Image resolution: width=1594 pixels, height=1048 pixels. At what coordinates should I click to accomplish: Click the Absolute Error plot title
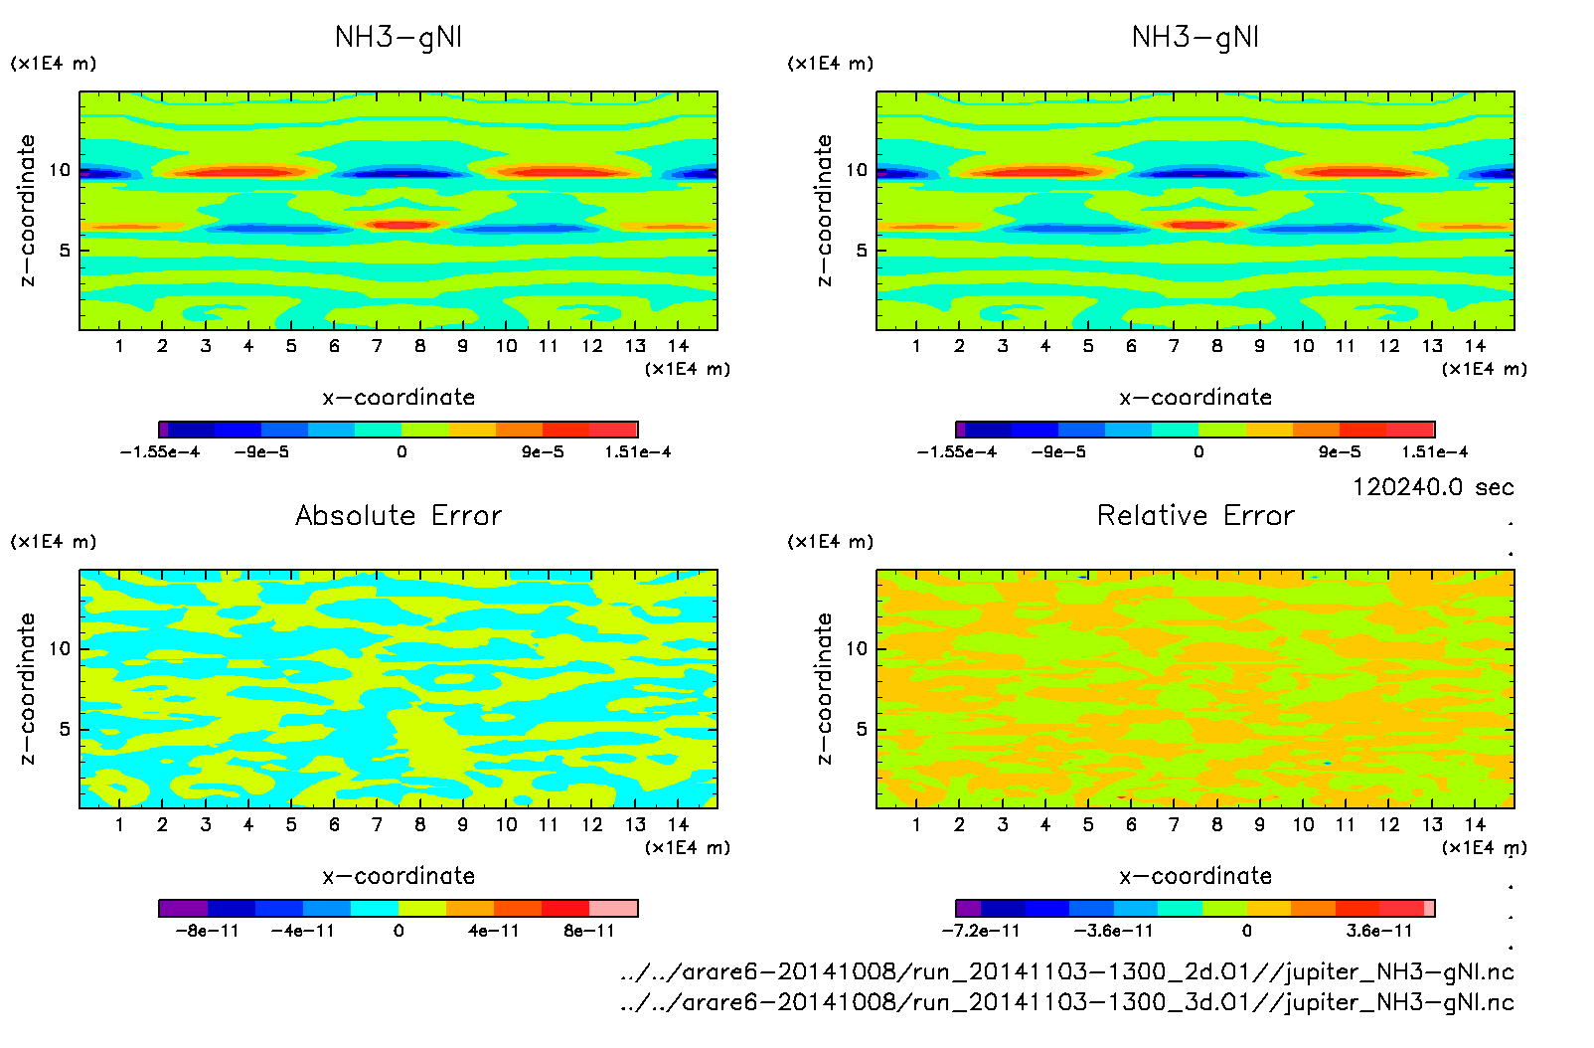click(398, 515)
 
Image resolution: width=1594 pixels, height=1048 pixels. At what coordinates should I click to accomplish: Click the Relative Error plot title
click(1195, 515)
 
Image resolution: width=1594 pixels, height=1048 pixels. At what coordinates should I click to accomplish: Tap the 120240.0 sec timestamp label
click(1433, 487)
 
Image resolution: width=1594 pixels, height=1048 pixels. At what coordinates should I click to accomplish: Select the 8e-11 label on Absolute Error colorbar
click(589, 931)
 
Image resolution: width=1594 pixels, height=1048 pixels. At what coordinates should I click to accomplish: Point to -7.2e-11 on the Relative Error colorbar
click(981, 931)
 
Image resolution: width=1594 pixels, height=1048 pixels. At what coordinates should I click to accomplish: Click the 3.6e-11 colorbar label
click(1379, 931)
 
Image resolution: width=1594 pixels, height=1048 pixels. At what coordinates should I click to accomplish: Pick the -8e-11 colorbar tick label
click(208, 931)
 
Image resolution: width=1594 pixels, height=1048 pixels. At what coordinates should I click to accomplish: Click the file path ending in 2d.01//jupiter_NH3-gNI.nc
click(1066, 971)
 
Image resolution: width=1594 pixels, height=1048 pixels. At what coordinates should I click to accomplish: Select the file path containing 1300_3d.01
click(1066, 1002)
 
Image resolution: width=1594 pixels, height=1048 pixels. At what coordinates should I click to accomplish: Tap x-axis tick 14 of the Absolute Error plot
click(678, 824)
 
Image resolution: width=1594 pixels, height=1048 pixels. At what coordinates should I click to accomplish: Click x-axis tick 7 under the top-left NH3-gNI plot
click(377, 346)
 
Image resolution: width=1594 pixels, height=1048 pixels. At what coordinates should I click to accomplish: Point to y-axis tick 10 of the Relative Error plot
click(857, 648)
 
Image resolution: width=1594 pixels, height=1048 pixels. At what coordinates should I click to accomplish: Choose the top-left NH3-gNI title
click(398, 37)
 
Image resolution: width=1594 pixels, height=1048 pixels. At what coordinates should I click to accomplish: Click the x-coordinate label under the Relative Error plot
click(1195, 876)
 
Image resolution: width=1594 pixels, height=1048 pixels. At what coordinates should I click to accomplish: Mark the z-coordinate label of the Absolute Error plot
click(27, 688)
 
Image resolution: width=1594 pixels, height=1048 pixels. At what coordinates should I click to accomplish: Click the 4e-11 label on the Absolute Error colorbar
click(494, 931)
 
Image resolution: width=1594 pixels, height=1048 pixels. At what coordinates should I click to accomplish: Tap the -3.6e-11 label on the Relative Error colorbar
click(1114, 931)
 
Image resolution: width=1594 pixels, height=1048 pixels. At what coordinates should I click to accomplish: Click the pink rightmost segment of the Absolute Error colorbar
click(613, 908)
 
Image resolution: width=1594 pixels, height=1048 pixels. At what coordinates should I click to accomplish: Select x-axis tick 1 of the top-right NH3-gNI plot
click(916, 346)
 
